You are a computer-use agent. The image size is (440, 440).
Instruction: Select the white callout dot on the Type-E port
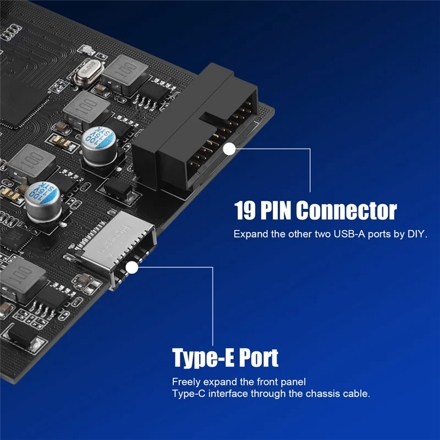pyautogui.click(x=132, y=268)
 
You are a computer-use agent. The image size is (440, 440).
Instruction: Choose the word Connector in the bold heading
pyautogui.click(x=349, y=211)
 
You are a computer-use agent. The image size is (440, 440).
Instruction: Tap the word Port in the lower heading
pyautogui.click(x=260, y=358)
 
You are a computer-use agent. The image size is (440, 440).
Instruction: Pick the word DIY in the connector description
pyautogui.click(x=416, y=234)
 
